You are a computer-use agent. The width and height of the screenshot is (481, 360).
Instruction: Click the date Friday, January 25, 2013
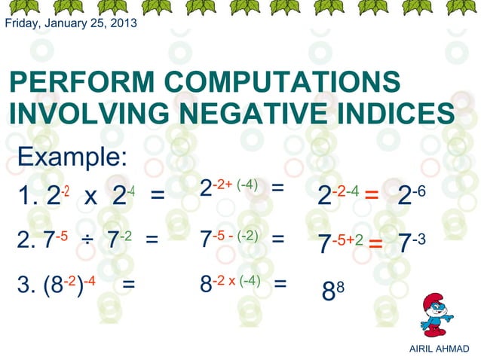point(71,23)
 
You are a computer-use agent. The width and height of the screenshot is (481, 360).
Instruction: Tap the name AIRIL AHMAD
point(439,349)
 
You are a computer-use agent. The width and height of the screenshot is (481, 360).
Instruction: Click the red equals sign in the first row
point(371,198)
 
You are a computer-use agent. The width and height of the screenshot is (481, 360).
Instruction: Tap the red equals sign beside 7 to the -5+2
point(375,245)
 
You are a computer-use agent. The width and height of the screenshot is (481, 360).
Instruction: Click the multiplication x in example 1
point(90,197)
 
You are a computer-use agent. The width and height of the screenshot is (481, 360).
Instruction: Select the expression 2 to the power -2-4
point(337,195)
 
